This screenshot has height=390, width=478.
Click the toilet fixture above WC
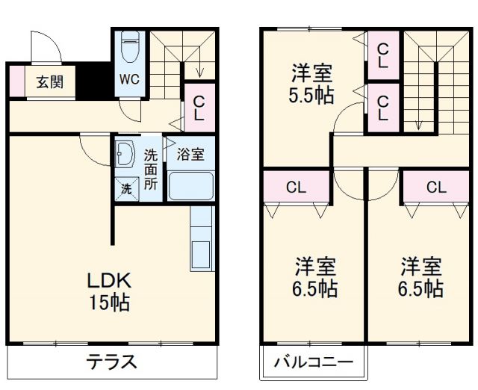(x=130, y=47)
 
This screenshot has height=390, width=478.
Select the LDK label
(x=111, y=282)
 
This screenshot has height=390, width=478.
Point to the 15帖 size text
(x=111, y=303)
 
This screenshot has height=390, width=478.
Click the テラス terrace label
(x=111, y=362)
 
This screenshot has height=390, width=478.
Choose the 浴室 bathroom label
(x=190, y=155)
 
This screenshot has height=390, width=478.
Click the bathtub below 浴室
(x=190, y=185)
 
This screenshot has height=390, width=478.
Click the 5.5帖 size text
(x=312, y=96)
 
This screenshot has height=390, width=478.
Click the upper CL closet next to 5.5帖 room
(x=382, y=55)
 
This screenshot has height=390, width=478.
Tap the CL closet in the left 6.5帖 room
(x=296, y=188)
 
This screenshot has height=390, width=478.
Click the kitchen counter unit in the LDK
(x=201, y=239)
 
